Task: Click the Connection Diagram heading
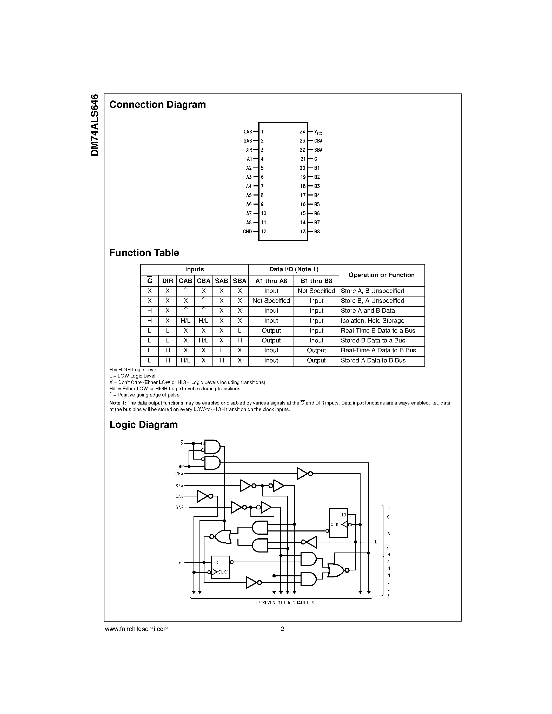tap(157, 105)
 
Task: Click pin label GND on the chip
tap(247, 231)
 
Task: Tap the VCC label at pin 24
tap(318, 132)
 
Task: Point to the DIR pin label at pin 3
tap(249, 150)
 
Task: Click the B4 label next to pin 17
tap(317, 196)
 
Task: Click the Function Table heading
tap(144, 253)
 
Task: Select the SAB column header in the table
tap(221, 281)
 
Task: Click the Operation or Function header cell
tap(381, 275)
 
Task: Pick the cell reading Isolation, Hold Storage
tap(373, 321)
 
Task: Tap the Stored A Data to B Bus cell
tap(373, 360)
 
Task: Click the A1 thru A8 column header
tap(271, 281)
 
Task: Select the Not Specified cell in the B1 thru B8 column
tap(316, 291)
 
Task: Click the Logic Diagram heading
tap(144, 425)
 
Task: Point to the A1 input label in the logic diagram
tap(181, 562)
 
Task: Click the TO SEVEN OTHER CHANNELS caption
tap(284, 603)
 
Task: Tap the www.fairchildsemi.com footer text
tap(137, 629)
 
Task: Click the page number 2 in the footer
tap(282, 629)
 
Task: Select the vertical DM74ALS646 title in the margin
tap(95, 125)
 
